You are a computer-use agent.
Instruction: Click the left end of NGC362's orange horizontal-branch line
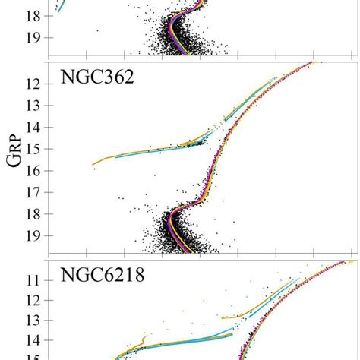point(93,164)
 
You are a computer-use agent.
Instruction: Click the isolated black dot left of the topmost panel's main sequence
point(97,31)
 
